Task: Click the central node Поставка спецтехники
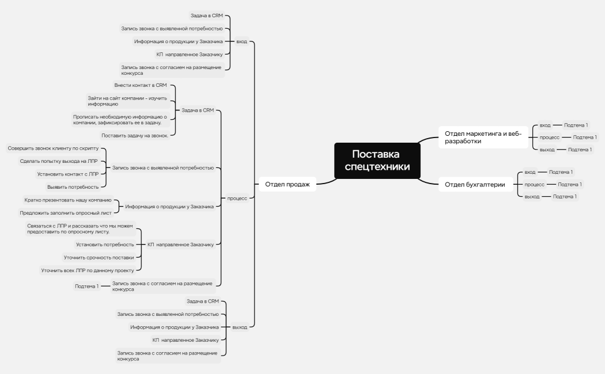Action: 377,161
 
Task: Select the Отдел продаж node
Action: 288,184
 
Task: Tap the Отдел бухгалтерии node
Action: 475,185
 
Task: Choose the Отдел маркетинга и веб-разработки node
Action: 483,137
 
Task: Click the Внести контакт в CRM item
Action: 141,85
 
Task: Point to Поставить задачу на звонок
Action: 135,136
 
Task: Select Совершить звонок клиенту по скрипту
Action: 53,148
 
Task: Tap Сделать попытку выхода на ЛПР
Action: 59,161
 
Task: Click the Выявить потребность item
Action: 73,187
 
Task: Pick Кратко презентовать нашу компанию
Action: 68,200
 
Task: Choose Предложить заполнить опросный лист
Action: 66,213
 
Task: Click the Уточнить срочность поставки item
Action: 99,258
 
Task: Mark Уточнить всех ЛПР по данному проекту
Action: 88,270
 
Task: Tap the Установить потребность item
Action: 105,245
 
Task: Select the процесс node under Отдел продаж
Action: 237,199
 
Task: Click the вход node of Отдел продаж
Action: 241,41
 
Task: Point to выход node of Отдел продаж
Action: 240,327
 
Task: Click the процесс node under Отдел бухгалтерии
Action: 534,185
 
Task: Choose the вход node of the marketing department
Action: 545,125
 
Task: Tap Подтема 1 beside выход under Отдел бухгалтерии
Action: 565,197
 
